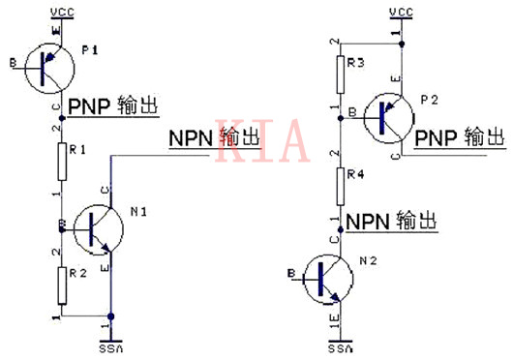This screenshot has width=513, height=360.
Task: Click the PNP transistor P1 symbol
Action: point(48,66)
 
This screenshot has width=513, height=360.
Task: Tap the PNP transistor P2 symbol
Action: point(389,115)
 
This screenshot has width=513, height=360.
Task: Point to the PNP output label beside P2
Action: point(460,138)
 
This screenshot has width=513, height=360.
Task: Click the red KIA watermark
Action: point(263,142)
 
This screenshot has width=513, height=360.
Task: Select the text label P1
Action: point(93,48)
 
